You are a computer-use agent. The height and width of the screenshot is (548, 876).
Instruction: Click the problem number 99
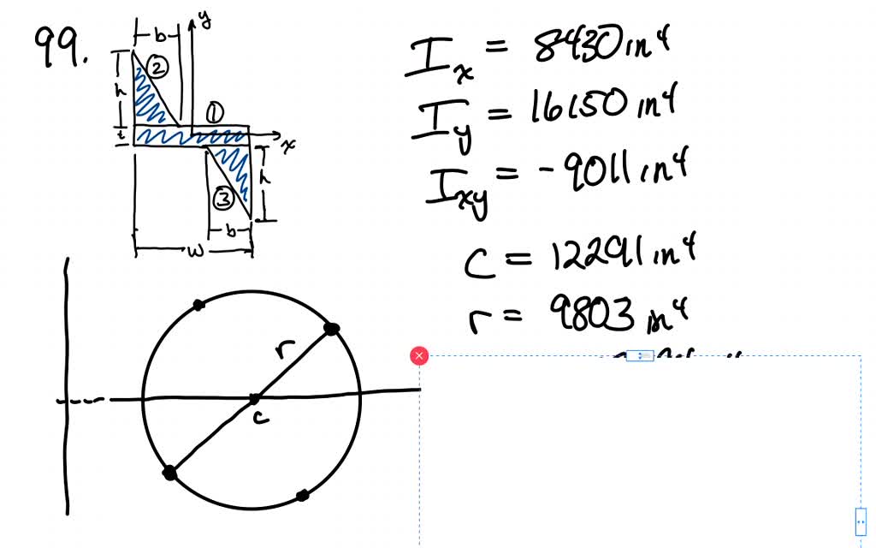61,49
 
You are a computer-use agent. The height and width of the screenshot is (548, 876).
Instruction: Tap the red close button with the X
419,355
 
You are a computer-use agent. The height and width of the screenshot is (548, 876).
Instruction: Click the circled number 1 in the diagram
214,113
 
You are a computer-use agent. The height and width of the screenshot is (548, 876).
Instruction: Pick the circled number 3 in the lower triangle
222,200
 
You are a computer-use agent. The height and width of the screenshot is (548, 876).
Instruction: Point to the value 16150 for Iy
569,110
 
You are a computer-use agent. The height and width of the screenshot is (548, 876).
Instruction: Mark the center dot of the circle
254,399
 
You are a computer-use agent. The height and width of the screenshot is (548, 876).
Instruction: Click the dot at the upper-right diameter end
332,328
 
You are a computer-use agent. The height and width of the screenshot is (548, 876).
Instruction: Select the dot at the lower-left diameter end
169,472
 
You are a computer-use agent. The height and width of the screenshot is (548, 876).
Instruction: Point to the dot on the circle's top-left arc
198,304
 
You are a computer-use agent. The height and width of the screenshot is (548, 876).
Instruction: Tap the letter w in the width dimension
193,251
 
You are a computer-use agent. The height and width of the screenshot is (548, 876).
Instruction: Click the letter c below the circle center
260,417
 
